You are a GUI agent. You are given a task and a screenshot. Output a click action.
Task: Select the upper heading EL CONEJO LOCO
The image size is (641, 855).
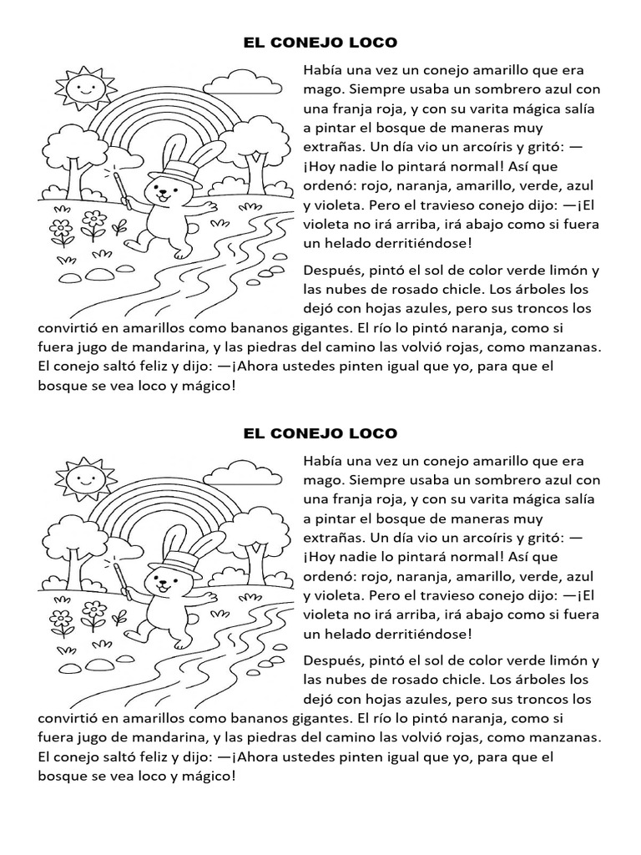320,42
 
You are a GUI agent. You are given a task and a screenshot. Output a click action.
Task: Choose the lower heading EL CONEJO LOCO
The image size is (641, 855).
320,433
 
